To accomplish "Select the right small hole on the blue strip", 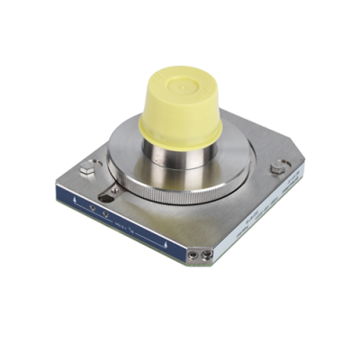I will click(105, 215).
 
